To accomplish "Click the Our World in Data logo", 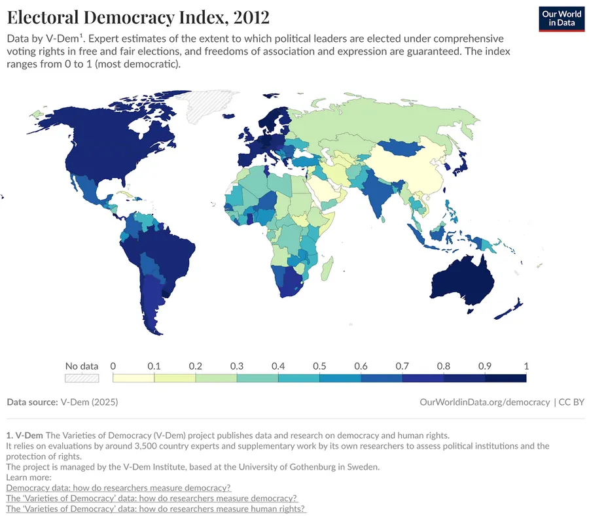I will point(561,18).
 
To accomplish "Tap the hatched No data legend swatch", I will point(81,377).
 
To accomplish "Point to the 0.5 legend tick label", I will point(319,366).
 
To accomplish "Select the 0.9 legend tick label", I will point(484,366).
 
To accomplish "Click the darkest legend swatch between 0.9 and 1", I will point(505,377).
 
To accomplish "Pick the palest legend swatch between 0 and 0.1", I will point(134,377).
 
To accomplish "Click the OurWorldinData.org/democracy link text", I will point(484,402).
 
